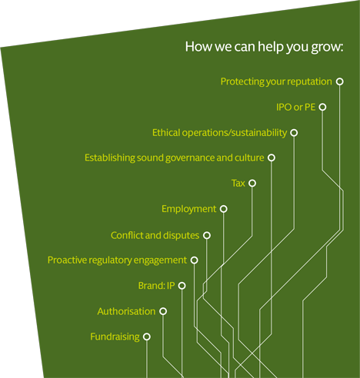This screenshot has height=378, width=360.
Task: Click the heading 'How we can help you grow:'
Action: tap(264, 47)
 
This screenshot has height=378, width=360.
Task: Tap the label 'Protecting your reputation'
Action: tap(276, 81)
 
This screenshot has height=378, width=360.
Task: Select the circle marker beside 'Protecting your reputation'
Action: tap(340, 81)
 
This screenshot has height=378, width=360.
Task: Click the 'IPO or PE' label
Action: tap(295, 107)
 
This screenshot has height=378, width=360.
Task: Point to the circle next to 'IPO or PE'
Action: tap(322, 107)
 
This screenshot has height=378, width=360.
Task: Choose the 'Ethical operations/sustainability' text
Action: tap(219, 133)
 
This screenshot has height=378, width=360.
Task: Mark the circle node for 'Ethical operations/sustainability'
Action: tap(294, 133)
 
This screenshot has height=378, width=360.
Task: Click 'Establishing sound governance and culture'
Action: tap(175, 157)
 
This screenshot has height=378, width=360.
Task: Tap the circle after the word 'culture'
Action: tap(272, 157)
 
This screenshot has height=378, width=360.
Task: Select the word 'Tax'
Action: tap(238, 184)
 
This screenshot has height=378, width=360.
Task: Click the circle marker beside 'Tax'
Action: tap(252, 183)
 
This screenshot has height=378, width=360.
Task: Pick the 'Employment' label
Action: tap(189, 209)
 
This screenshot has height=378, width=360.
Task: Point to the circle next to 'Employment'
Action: tap(224, 209)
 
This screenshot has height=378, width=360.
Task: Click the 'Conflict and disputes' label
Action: tap(155, 235)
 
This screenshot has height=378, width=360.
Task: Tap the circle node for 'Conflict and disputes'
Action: tap(207, 235)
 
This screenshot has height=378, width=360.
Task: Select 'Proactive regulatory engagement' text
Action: tap(117, 260)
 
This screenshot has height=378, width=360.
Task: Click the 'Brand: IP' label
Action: tap(156, 286)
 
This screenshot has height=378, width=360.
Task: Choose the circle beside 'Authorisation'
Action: tap(163, 311)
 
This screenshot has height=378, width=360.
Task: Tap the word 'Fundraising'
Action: tap(115, 337)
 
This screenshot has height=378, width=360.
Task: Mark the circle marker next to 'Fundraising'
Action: tap(147, 337)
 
